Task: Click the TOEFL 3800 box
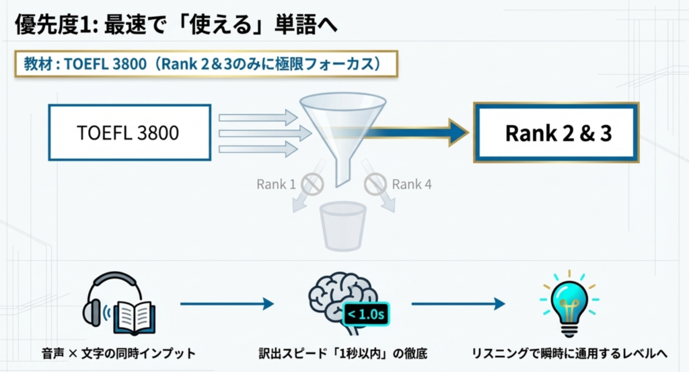pyautogui.click(x=130, y=133)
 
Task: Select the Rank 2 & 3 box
pyautogui.click(x=556, y=133)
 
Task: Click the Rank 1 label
pyautogui.click(x=276, y=184)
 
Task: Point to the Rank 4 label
pyautogui.click(x=412, y=184)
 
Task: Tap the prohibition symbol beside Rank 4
pyautogui.click(x=375, y=183)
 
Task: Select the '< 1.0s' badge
pyautogui.click(x=367, y=314)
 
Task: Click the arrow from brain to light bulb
pyautogui.click(x=458, y=304)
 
